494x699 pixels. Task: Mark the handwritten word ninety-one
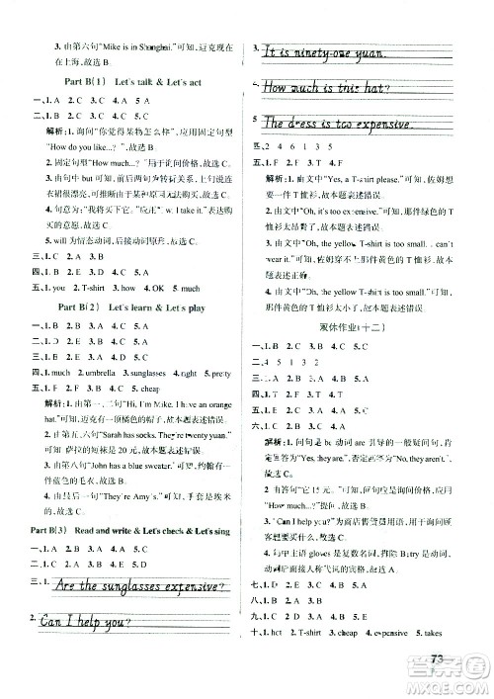(332, 54)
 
